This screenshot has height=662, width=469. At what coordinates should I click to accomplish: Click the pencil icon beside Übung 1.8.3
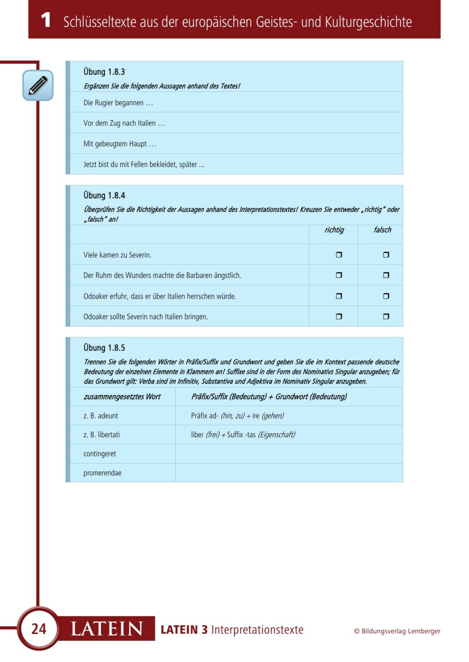pyautogui.click(x=38, y=85)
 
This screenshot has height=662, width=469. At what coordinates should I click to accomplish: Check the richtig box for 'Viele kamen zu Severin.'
pyautogui.click(x=339, y=255)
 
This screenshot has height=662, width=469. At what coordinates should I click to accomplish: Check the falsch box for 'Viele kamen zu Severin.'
pyautogui.click(x=386, y=255)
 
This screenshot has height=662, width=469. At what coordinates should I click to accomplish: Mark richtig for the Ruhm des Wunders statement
pyautogui.click(x=339, y=275)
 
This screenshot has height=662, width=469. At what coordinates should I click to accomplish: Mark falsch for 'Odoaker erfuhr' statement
pyautogui.click(x=386, y=296)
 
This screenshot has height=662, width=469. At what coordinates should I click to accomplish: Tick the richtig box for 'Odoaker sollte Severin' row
pyautogui.click(x=339, y=317)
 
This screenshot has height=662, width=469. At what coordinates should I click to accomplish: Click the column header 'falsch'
pyautogui.click(x=382, y=230)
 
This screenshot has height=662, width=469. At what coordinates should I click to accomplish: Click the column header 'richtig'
pyautogui.click(x=334, y=230)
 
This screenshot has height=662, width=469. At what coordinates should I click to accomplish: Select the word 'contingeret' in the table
pyautogui.click(x=100, y=454)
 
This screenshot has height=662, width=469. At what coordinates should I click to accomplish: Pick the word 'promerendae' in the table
pyautogui.click(x=103, y=473)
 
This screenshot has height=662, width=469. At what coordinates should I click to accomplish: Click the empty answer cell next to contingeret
pyautogui.click(x=288, y=454)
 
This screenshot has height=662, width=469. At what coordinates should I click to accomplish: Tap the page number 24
pyautogui.click(x=39, y=629)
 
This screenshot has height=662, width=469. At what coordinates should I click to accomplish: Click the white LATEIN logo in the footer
pyautogui.click(x=107, y=629)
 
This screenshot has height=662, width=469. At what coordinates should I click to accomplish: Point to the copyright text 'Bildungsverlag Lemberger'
pyautogui.click(x=401, y=631)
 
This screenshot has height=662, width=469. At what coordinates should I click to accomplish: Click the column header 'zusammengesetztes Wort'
pyautogui.click(x=122, y=397)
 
